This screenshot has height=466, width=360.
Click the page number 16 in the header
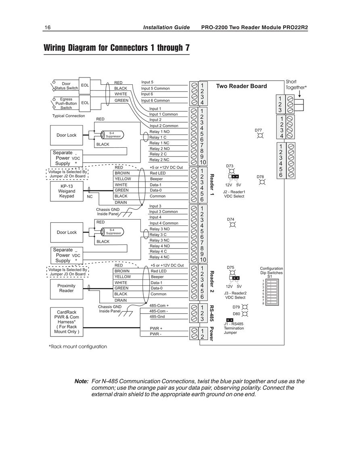coord(48,28)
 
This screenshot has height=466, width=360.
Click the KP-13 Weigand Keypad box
coord(67,191)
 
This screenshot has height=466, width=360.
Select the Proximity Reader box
coord(67,288)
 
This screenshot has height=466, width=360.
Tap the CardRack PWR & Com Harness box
coord(67,322)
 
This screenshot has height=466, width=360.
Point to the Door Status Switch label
coord(66,86)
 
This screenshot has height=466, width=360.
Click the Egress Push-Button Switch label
coord(66,103)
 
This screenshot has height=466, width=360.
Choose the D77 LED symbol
coord(260,136)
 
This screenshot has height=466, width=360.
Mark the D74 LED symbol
coord(232,225)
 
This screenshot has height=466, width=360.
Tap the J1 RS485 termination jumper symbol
coord(230,320)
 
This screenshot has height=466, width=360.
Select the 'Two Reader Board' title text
coord(241,86)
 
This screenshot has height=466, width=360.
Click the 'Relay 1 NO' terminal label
coord(159,132)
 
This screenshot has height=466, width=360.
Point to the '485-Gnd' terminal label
coord(157,317)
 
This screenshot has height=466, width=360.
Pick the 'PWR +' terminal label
coord(156,328)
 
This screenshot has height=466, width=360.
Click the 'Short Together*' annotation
coord(296,84)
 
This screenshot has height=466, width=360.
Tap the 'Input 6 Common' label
coord(155,100)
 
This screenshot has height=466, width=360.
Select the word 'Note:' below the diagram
coord(82,381)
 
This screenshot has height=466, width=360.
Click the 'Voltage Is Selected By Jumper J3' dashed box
coord(68,272)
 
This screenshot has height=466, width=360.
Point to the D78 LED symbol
coord(262,182)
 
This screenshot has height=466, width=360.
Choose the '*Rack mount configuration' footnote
coord(78,347)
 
